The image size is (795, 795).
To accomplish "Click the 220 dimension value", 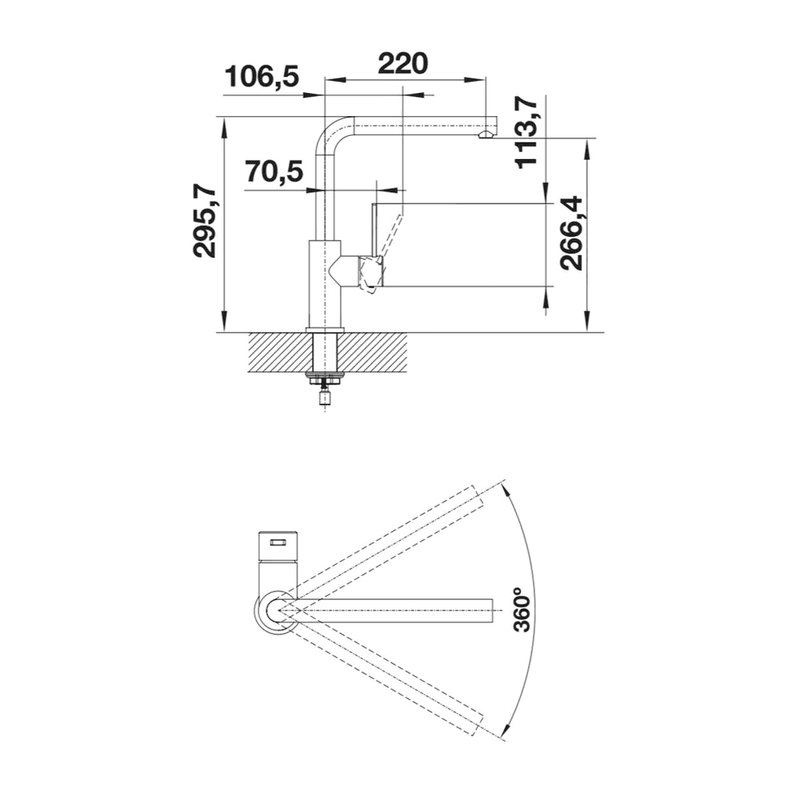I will click(402, 63).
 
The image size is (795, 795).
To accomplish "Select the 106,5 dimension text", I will click(262, 77).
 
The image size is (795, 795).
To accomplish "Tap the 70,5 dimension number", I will click(274, 172).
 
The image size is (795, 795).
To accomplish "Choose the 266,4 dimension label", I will click(570, 233).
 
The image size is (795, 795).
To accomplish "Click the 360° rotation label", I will click(522, 610).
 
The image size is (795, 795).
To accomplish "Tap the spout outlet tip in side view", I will click(485, 137).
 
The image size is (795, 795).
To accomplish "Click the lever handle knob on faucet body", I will click(370, 273).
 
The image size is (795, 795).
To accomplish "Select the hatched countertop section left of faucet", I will click(278, 351).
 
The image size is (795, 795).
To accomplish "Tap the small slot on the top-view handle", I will click(277, 542).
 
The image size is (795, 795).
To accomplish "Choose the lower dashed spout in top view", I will click(390, 676).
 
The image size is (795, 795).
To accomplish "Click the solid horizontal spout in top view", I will click(397, 610).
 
